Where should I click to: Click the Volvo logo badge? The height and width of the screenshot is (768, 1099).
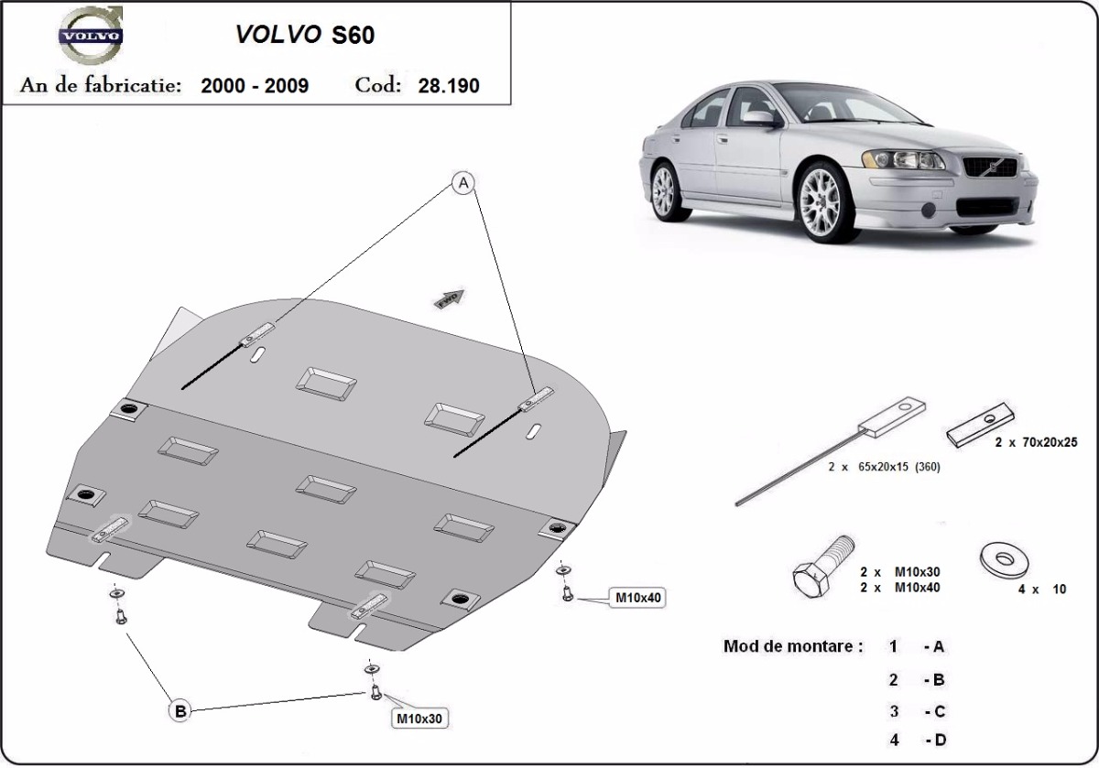[89, 37]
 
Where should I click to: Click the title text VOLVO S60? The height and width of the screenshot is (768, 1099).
[305, 35]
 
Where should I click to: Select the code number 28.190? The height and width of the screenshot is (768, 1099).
[449, 86]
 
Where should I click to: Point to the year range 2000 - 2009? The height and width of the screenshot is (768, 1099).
[254, 86]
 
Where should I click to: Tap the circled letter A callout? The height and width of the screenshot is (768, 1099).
[463, 185]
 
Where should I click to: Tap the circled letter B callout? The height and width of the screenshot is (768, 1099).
[180, 709]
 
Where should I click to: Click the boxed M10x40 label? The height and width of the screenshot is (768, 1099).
[638, 599]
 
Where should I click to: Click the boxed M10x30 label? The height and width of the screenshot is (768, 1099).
[419, 719]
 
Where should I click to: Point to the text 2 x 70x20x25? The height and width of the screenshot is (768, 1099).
[1036, 442]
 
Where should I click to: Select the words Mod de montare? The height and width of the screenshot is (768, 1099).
[792, 646]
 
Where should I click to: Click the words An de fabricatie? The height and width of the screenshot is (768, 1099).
[101, 86]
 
